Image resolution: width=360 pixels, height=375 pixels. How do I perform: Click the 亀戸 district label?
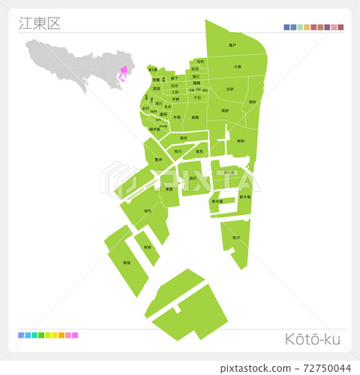tap(232, 46)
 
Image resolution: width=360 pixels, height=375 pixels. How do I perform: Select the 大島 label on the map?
tap(238, 67)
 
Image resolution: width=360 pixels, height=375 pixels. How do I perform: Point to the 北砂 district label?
tap(230, 90)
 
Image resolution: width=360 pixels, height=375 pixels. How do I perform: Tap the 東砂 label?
tap(252, 102)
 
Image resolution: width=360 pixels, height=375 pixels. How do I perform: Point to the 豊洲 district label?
tap(158, 159)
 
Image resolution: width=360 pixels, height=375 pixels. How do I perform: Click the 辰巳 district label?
tap(192, 178)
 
